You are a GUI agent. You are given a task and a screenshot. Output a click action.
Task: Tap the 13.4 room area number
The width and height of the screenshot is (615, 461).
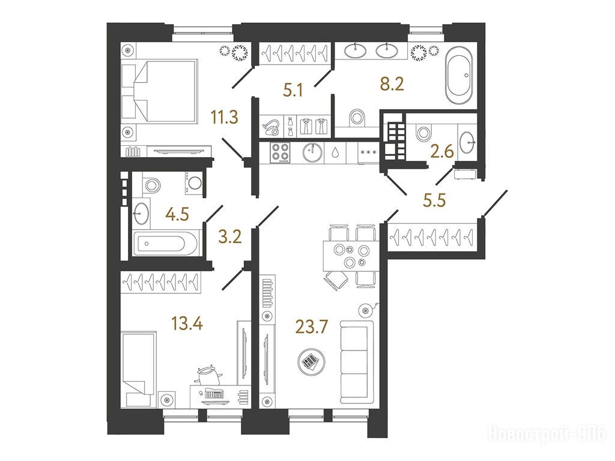point(187,324)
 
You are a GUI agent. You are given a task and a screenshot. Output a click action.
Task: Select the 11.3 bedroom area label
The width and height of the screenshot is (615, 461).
point(225,117)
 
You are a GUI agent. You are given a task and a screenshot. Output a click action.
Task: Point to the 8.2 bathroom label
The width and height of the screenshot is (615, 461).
point(392,84)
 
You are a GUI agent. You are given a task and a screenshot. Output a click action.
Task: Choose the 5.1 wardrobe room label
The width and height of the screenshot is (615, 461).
point(293,91)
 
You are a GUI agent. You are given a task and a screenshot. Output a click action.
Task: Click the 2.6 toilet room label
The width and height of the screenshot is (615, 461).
point(442,151)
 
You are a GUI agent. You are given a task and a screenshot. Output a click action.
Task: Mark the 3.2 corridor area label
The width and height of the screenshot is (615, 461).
point(230,237)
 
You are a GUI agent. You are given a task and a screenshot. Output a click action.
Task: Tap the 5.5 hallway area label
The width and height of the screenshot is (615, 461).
point(435,200)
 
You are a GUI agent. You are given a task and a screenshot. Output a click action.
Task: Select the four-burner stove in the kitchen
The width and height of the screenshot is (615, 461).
point(279,152)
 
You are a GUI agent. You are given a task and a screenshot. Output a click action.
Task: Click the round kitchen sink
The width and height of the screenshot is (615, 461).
point(313,152)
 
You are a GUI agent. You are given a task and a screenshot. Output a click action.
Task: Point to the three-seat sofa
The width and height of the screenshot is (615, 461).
point(357,362)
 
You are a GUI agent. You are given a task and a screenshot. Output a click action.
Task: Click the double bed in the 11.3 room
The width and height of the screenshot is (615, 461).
point(159,90)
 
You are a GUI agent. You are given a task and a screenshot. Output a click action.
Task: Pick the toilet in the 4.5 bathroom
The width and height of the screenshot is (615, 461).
point(151,184)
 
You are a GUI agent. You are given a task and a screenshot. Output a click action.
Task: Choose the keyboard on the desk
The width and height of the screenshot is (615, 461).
point(214,393)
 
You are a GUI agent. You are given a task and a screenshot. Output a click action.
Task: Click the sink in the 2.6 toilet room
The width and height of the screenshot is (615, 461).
point(467,142)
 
